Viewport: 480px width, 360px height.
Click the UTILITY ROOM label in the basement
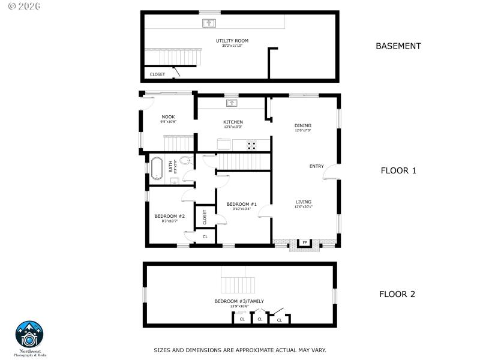(232, 41)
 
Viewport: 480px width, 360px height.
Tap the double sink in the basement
(209, 23)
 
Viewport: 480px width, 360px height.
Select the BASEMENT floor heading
(398, 46)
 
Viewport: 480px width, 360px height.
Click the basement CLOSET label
(157, 74)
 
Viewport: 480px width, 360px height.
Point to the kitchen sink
(232, 103)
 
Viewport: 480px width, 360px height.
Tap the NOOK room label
(168, 117)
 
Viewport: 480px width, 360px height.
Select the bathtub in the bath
(157, 168)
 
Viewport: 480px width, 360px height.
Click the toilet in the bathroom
(185, 160)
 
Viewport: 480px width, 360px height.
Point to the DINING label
(302, 125)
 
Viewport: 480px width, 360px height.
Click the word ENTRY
(316, 166)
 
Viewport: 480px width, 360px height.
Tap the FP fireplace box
(304, 243)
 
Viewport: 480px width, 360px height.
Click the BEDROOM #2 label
(169, 216)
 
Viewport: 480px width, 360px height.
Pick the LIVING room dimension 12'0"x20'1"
(304, 207)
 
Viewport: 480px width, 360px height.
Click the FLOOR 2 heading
(398, 294)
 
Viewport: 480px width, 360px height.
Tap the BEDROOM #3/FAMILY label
(239, 301)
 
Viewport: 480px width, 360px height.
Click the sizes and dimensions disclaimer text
(240, 349)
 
